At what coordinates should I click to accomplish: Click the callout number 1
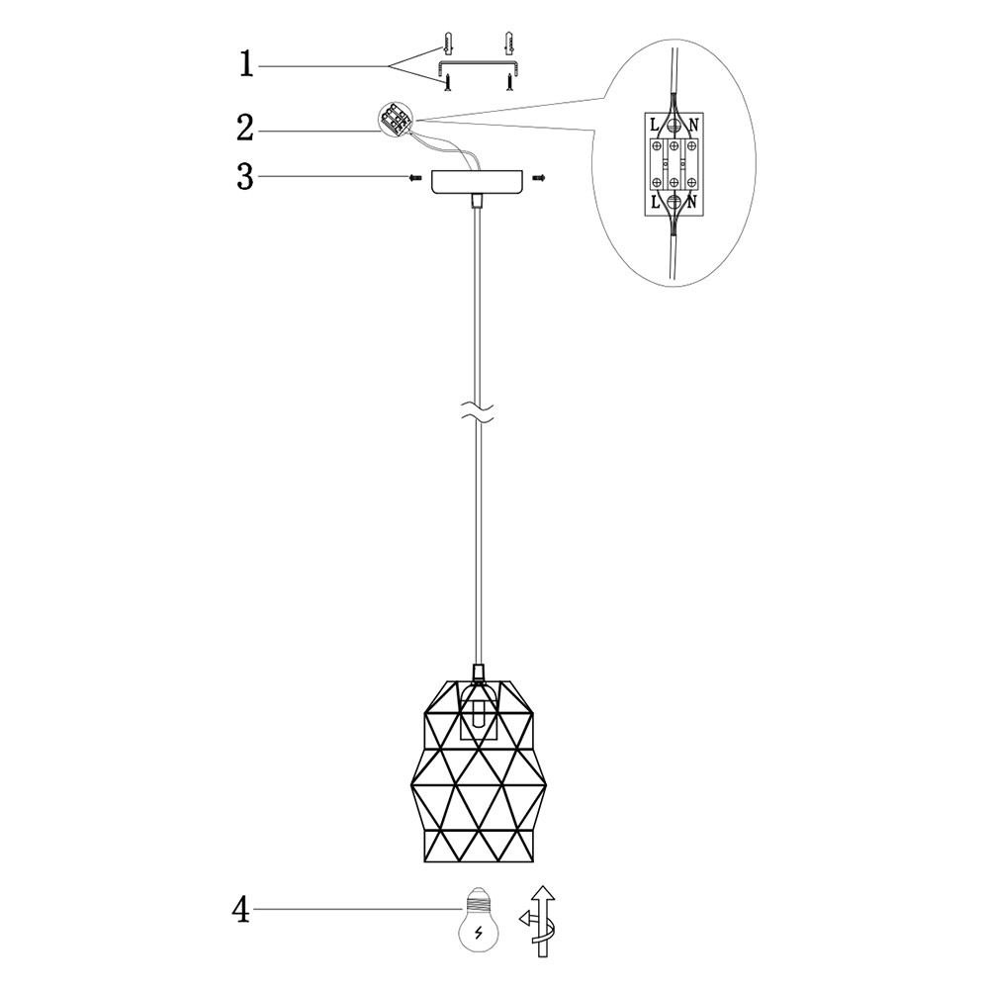246,65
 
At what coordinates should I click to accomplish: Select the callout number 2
244,129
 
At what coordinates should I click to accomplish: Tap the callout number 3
244,177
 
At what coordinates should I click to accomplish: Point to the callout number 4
241,909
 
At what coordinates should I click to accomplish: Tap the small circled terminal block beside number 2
396,120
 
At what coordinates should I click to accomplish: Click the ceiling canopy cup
478,182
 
